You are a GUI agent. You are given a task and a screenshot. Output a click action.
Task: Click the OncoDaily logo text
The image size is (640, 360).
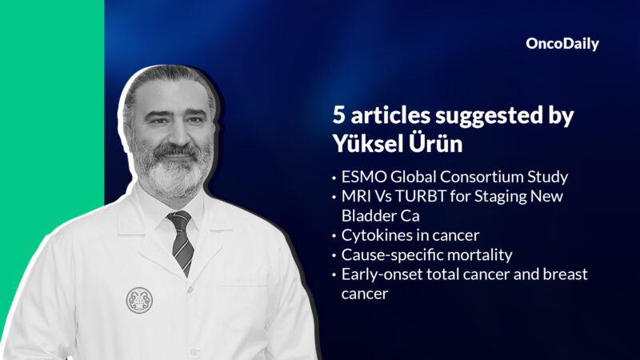click(x=562, y=44)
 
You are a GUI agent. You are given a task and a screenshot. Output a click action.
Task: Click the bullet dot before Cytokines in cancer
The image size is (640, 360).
click(x=334, y=236)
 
